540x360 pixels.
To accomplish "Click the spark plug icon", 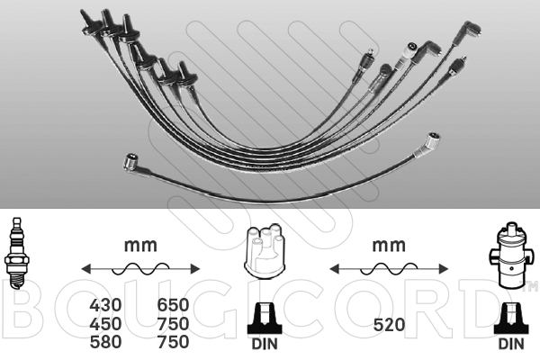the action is [16, 253].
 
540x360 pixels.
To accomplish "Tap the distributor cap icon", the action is [265, 251].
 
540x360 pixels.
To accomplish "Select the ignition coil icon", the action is [510, 255].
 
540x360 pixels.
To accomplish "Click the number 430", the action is [105, 305].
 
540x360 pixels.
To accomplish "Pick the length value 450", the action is [105, 323].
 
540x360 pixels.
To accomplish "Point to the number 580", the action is [105, 342].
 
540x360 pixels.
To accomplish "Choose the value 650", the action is [173, 305].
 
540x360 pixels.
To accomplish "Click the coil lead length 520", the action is [389, 325].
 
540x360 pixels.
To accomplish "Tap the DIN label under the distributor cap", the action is [265, 344].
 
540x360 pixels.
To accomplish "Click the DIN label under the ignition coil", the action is [511, 344].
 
